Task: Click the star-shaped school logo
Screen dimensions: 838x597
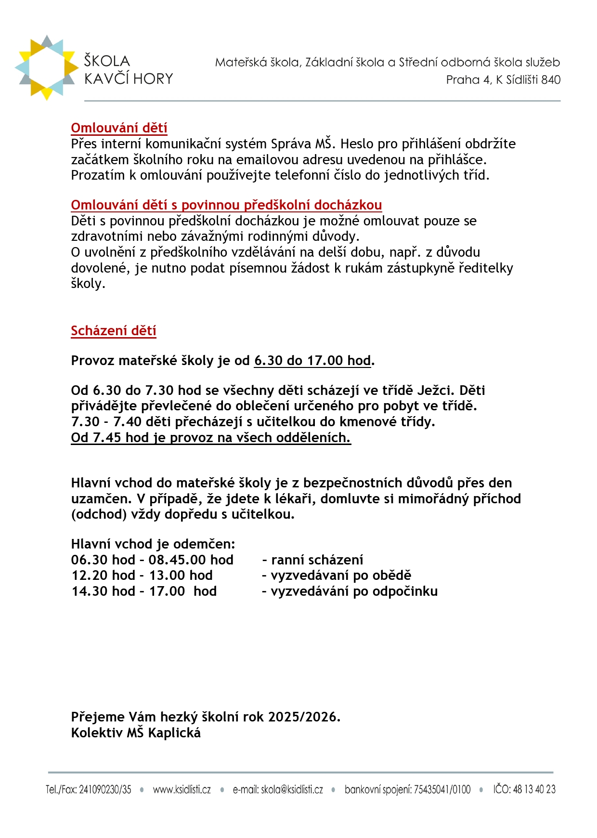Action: click(46, 67)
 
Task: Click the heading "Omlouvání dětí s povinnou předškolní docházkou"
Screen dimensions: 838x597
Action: click(226, 205)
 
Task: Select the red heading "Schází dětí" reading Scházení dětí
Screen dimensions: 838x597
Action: click(114, 331)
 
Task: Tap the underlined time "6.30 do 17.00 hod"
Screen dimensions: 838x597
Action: click(312, 361)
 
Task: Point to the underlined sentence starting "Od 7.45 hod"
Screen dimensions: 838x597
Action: click(211, 438)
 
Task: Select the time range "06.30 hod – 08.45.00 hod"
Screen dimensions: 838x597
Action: click(152, 560)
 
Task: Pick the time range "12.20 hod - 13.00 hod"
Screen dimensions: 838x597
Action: click(142, 576)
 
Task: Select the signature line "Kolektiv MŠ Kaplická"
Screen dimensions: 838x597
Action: click(136, 733)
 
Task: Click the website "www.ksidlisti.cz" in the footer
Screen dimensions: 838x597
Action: click(182, 790)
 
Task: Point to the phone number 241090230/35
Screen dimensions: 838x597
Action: click(105, 790)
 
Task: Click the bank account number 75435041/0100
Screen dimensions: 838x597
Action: click(442, 790)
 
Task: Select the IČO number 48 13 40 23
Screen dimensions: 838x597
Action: click(534, 790)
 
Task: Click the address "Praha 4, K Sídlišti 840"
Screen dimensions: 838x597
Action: click(503, 80)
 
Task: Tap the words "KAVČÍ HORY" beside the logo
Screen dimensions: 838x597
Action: click(129, 79)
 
